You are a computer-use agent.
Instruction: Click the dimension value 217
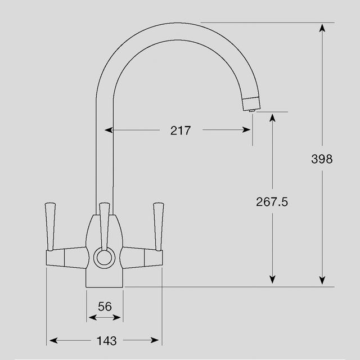(181, 130)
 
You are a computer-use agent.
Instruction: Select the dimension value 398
(322, 159)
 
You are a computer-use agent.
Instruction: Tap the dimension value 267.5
(272, 202)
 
